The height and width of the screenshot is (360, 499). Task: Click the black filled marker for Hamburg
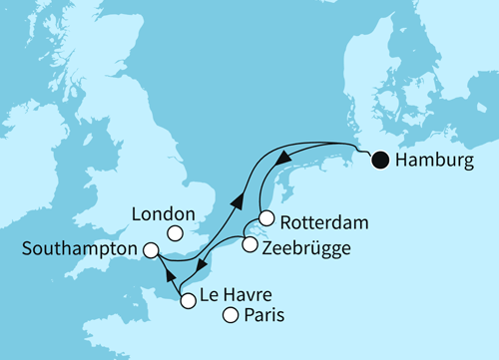380,159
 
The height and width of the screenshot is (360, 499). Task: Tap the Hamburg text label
433,160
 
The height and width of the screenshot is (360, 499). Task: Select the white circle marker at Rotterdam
265,218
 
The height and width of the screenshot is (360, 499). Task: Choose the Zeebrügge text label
308,247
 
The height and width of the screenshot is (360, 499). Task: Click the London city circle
175,233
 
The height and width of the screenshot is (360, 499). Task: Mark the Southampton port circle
151,251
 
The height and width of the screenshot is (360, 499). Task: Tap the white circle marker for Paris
231,316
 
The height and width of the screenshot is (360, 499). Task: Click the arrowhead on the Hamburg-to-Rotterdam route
283,158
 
